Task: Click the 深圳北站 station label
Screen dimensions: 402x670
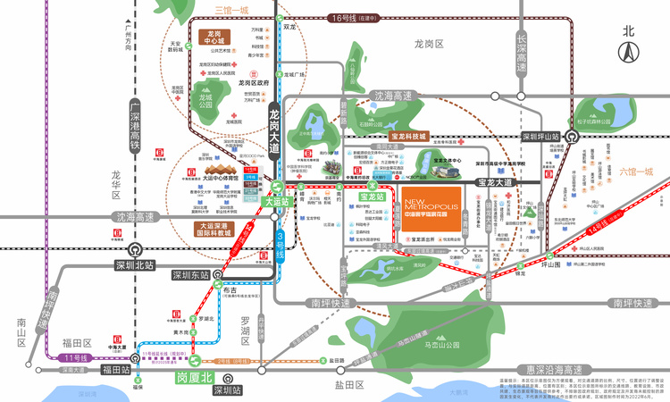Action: pos(136,265)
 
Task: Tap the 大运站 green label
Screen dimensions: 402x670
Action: pos(278,202)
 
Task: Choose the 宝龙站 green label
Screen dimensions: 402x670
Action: pos(370,196)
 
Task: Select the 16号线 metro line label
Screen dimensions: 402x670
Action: pos(343,17)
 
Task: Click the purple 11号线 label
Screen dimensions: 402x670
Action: pos(78,357)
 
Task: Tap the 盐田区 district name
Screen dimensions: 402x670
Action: pos(349,384)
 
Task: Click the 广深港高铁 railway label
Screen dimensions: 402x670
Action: pos(136,125)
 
